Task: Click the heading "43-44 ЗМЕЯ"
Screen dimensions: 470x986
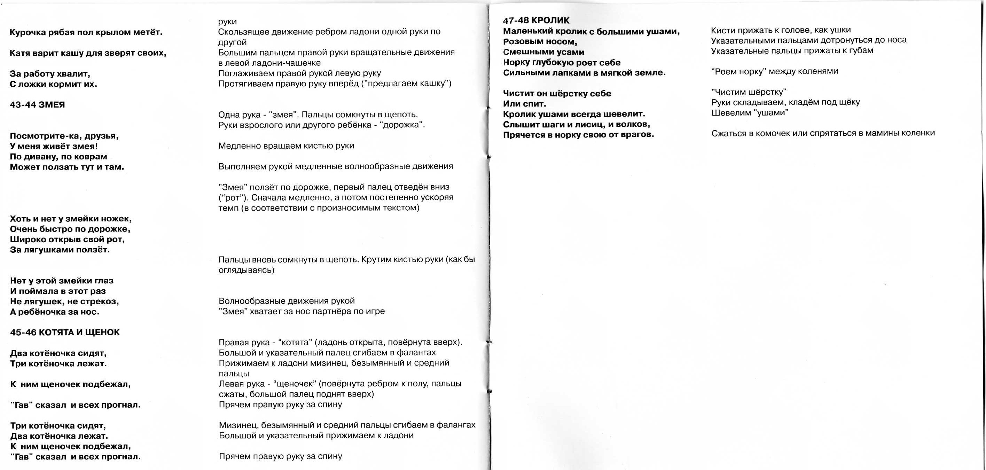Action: tap(37, 105)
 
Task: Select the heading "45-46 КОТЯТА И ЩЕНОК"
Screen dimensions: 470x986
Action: tap(65, 332)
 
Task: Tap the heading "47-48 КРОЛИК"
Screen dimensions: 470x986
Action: tap(536, 20)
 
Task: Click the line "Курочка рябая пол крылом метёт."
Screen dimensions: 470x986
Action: tap(86, 32)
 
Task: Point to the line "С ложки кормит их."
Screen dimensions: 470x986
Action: tap(53, 84)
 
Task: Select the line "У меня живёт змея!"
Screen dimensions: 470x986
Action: tap(54, 146)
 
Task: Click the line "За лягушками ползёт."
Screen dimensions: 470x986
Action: tap(60, 250)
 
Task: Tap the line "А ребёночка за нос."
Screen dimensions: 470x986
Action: tap(55, 312)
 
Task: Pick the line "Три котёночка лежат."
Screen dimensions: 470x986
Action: tap(58, 363)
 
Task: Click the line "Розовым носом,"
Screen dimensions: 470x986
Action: tap(540, 41)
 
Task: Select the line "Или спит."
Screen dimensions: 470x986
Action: tap(524, 104)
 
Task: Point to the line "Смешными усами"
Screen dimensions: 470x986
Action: tap(543, 52)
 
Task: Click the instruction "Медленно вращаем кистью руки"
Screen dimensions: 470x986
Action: tap(286, 146)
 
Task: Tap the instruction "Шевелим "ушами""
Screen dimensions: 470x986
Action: tap(750, 113)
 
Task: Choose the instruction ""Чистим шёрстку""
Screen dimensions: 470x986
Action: tap(749, 92)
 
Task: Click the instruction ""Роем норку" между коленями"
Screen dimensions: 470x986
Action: tap(774, 71)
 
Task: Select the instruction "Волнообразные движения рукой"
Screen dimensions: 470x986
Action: tap(286, 301)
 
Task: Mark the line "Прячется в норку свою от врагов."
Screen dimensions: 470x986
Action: tap(578, 135)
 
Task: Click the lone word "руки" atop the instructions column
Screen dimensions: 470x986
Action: tap(227, 22)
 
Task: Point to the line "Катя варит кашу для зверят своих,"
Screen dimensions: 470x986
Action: tap(88, 53)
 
